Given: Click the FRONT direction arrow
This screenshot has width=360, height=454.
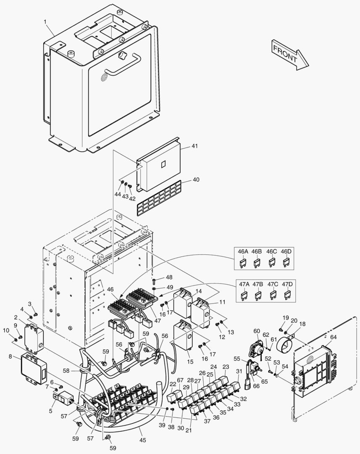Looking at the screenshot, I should pos(290,53).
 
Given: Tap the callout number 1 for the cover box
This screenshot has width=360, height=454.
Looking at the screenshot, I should pos(45,21).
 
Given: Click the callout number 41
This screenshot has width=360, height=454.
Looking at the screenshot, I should pos(194,146).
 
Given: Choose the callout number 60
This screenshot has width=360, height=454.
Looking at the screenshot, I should pos(257,331).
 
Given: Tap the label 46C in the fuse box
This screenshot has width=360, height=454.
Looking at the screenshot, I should pos(272,251).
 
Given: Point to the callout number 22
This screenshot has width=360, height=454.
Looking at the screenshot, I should pos(173,385).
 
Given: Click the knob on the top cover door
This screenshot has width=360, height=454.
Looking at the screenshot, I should pos(123,55).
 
